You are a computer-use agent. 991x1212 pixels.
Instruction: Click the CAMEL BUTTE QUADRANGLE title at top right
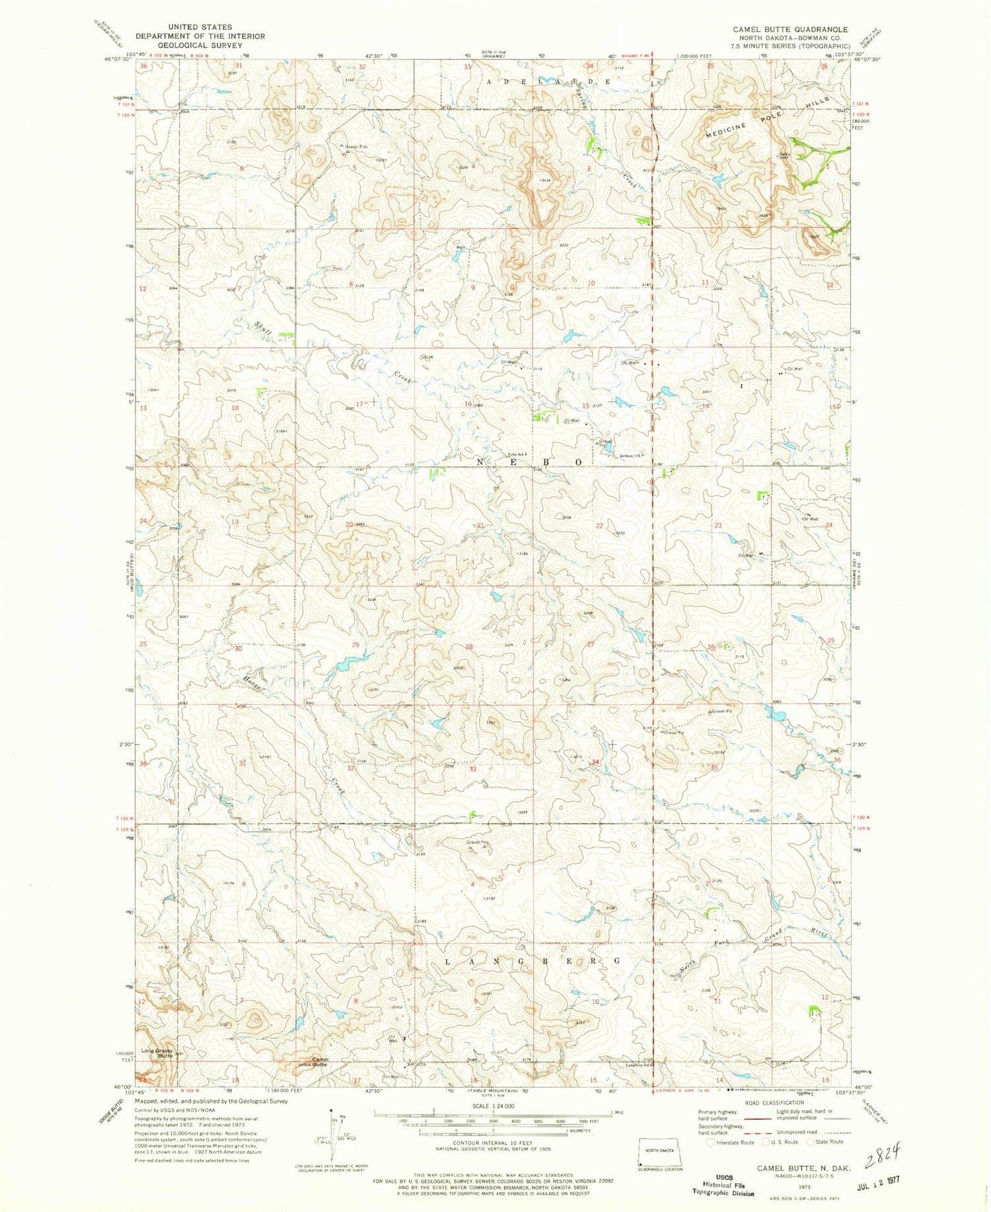coord(790,30)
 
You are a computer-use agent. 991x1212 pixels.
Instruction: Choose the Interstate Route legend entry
coord(731,1142)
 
